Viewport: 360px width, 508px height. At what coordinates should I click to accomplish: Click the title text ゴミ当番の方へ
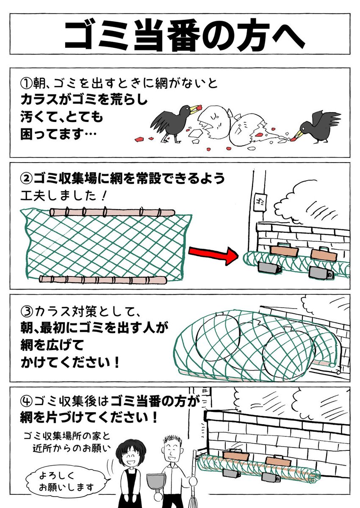[180, 33]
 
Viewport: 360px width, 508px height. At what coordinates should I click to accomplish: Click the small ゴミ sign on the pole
[258, 200]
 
